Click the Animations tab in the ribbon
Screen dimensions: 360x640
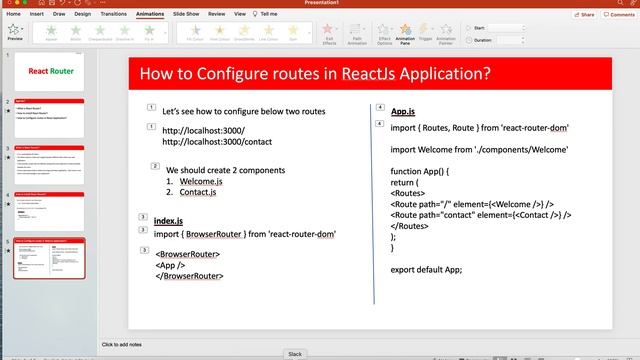150,14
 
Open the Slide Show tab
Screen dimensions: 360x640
186,14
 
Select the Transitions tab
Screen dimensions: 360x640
114,14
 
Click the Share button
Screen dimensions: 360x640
585,14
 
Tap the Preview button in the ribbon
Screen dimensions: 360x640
14,33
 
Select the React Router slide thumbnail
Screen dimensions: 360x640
51,72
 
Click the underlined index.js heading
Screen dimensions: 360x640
168,220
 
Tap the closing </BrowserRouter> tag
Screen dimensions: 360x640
189,276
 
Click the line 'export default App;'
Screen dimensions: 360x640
426,270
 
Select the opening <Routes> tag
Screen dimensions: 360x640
408,193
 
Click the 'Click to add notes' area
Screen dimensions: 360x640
122,344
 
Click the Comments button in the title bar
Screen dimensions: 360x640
619,14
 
